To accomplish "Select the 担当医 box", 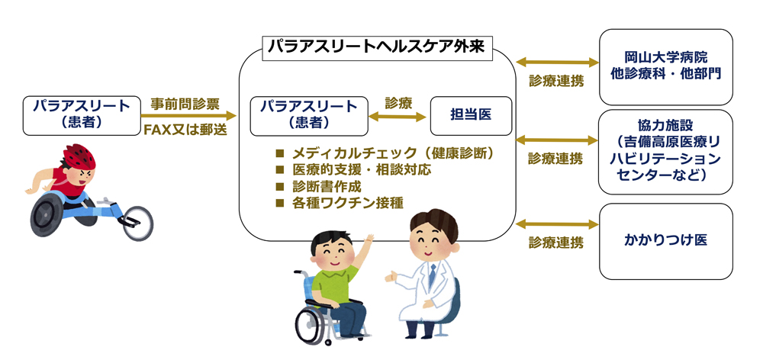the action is [x=471, y=116].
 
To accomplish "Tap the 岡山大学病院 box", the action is [x=665, y=67].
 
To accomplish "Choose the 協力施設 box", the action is [x=665, y=152].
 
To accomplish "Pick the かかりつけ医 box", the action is [x=665, y=241].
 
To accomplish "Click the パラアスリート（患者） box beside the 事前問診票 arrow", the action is [x=82, y=116].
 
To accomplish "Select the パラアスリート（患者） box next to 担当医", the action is [x=309, y=116].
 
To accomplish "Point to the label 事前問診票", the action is [x=185, y=104].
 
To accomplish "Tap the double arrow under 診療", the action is [x=398, y=117].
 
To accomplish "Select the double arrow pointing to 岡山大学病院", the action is [x=557, y=63].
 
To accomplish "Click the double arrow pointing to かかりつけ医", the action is [x=557, y=224].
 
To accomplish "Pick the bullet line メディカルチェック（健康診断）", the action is [x=385, y=154].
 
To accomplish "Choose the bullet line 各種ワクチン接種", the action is [x=340, y=202].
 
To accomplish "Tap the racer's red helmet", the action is [x=79, y=155].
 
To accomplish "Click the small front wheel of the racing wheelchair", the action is [x=137, y=223].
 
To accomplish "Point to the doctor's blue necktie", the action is [x=432, y=276].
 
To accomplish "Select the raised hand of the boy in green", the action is [x=369, y=239].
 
